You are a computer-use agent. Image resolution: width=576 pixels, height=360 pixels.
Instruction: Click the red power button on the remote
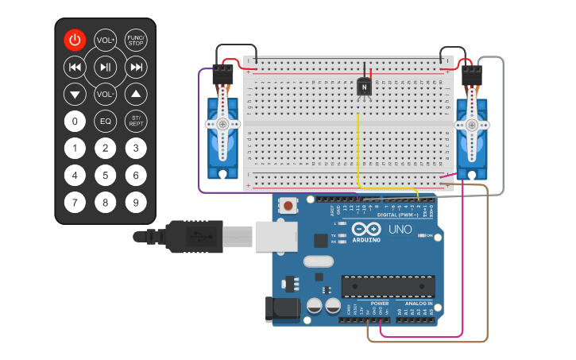point(75,40)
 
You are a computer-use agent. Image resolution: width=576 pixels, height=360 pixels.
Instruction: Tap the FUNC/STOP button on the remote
point(136,40)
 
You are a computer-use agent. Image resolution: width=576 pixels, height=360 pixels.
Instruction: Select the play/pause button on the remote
point(106,68)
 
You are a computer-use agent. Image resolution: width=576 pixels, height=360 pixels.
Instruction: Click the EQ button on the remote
point(106,122)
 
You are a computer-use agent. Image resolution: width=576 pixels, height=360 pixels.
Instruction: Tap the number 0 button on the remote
point(75,122)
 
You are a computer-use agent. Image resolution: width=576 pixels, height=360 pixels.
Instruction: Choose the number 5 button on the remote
point(106,176)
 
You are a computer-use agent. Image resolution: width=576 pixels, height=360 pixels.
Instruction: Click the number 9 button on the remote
point(136,203)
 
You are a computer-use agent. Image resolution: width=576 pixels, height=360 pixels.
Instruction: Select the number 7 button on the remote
point(75,203)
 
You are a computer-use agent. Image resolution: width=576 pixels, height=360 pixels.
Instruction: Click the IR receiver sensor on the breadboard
point(364,87)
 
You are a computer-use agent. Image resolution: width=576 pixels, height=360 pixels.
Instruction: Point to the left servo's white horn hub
point(222,124)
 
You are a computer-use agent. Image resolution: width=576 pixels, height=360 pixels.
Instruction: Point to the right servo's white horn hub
point(472,125)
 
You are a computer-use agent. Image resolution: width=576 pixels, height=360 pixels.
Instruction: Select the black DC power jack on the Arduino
point(281,309)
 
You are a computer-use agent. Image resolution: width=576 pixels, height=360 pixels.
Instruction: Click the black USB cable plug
point(191,236)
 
